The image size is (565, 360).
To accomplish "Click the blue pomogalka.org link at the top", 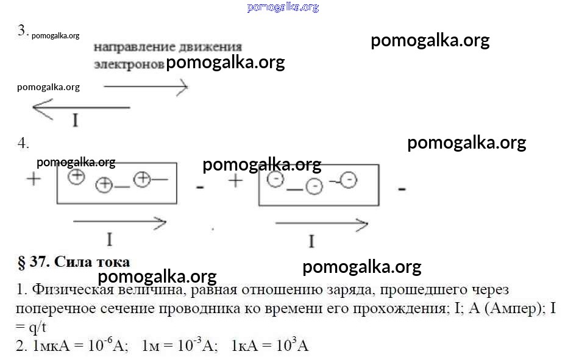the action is click(x=283, y=7).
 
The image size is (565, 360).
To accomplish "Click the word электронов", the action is click(x=129, y=65).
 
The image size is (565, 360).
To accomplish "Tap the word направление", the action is click(x=135, y=48).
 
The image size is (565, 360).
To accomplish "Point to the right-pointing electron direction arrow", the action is click(x=146, y=86).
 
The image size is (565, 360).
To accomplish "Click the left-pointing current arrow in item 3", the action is click(x=81, y=107).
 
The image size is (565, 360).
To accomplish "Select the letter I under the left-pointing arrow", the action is click(x=76, y=120).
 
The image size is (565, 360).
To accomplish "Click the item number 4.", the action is click(x=23, y=143).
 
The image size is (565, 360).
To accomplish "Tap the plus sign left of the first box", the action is click(x=34, y=178).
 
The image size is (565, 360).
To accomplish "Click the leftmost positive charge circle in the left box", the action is click(x=76, y=177).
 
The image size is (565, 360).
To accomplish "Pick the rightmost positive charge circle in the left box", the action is click(x=141, y=179).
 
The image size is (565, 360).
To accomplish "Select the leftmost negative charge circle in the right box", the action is click(x=275, y=179).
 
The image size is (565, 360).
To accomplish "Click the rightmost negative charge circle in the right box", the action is click(x=349, y=180).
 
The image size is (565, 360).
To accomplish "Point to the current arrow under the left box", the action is click(x=119, y=222).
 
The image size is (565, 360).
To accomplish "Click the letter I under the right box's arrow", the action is click(x=311, y=241).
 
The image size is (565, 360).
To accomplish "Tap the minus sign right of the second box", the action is click(x=402, y=188).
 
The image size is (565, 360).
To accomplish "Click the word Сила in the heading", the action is click(x=73, y=262).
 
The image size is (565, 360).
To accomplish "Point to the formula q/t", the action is click(x=38, y=327).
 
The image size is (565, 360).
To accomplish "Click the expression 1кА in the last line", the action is click(x=244, y=346).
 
